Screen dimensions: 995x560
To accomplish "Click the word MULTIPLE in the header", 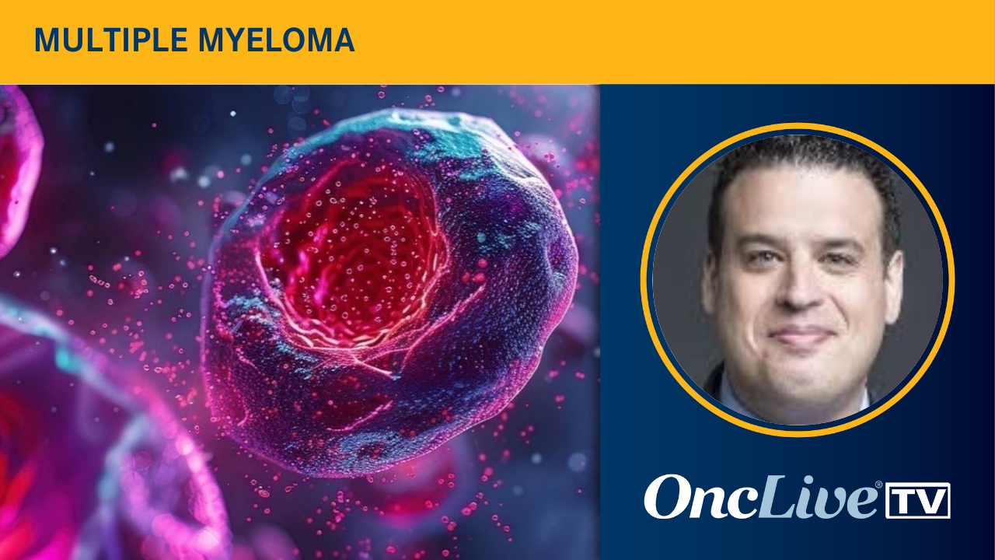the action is (x=111, y=40).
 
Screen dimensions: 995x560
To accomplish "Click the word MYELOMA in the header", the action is (x=276, y=40).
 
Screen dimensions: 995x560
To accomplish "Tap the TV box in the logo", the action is (x=918, y=500).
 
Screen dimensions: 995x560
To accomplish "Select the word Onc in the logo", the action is (x=700, y=497).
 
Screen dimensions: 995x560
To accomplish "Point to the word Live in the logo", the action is (x=817, y=497).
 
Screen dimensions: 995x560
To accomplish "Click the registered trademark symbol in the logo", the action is (x=878, y=485).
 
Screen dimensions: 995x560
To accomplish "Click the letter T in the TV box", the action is (x=903, y=501).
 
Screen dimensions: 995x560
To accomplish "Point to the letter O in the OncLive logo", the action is (x=665, y=496).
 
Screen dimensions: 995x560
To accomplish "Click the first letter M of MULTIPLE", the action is (x=46, y=40).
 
